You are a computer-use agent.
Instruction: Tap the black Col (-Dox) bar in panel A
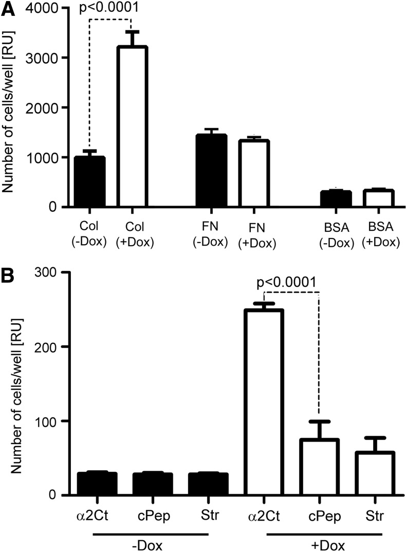click(x=90, y=182)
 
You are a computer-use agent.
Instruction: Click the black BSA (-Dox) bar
click(x=336, y=199)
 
